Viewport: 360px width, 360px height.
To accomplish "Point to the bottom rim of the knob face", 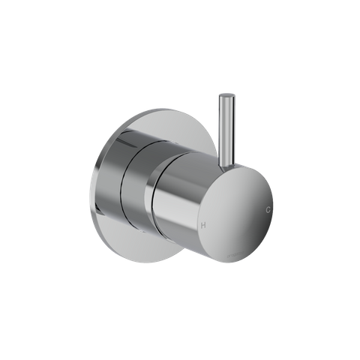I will pyautogui.click(x=225, y=277).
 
